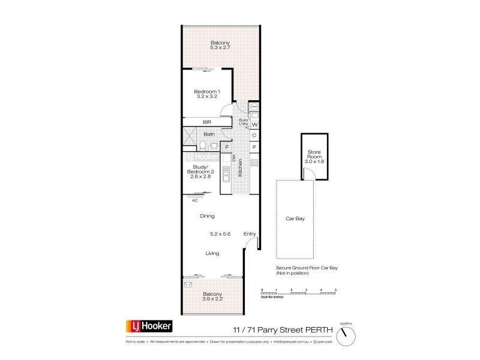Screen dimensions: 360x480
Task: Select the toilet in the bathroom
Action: click(x=203, y=145)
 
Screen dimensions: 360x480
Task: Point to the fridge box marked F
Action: click(x=227, y=146)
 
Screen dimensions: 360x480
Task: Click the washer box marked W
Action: click(x=254, y=125)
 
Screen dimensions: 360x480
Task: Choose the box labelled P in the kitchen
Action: click(x=254, y=147)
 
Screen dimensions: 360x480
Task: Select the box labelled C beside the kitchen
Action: click(x=254, y=136)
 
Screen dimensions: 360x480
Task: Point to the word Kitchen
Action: click(x=241, y=167)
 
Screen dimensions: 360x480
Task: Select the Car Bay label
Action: click(x=296, y=219)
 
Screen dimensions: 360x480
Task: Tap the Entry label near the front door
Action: click(x=250, y=234)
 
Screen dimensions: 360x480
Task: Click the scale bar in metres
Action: click(x=299, y=293)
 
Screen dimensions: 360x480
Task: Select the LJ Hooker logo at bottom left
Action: click(x=149, y=326)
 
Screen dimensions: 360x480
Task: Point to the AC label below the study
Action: click(x=195, y=200)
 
